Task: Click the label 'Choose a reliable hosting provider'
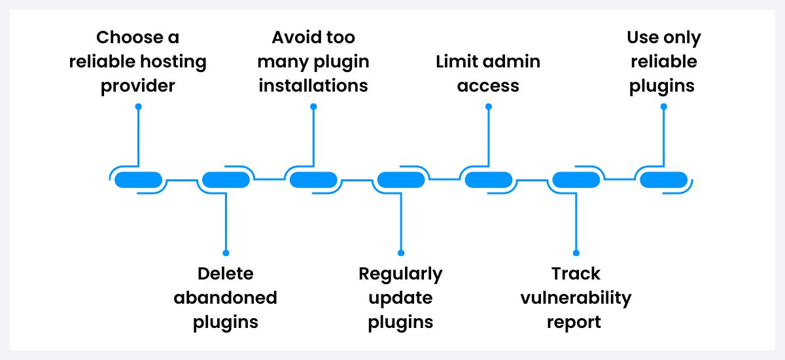138,62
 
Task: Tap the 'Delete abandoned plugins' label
226,298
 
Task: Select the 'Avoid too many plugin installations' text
313,62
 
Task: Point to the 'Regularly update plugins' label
400,298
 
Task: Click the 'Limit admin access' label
488,73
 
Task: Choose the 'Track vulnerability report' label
576,298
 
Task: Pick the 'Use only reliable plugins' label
663,62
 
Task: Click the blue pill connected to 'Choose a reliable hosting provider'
138,179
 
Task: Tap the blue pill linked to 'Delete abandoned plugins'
226,179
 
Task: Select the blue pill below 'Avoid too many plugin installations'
313,179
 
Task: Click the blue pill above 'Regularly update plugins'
401,179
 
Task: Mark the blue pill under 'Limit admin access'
488,179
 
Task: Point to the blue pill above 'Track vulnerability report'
576,179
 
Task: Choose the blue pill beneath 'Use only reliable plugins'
663,179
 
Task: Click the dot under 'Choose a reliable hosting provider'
138,106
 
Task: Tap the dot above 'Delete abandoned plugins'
226,253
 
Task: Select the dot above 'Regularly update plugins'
401,253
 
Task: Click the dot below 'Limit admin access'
488,106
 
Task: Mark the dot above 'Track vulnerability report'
576,253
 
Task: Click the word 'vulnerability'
576,298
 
